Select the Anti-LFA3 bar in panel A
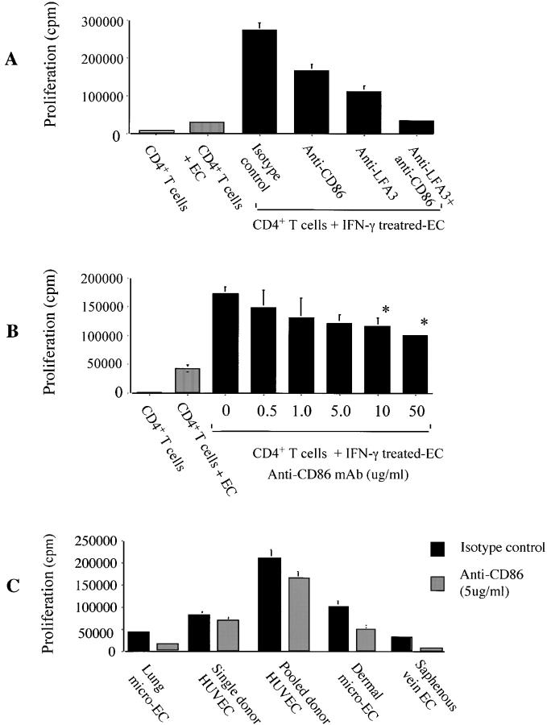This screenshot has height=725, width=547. (x=363, y=112)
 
